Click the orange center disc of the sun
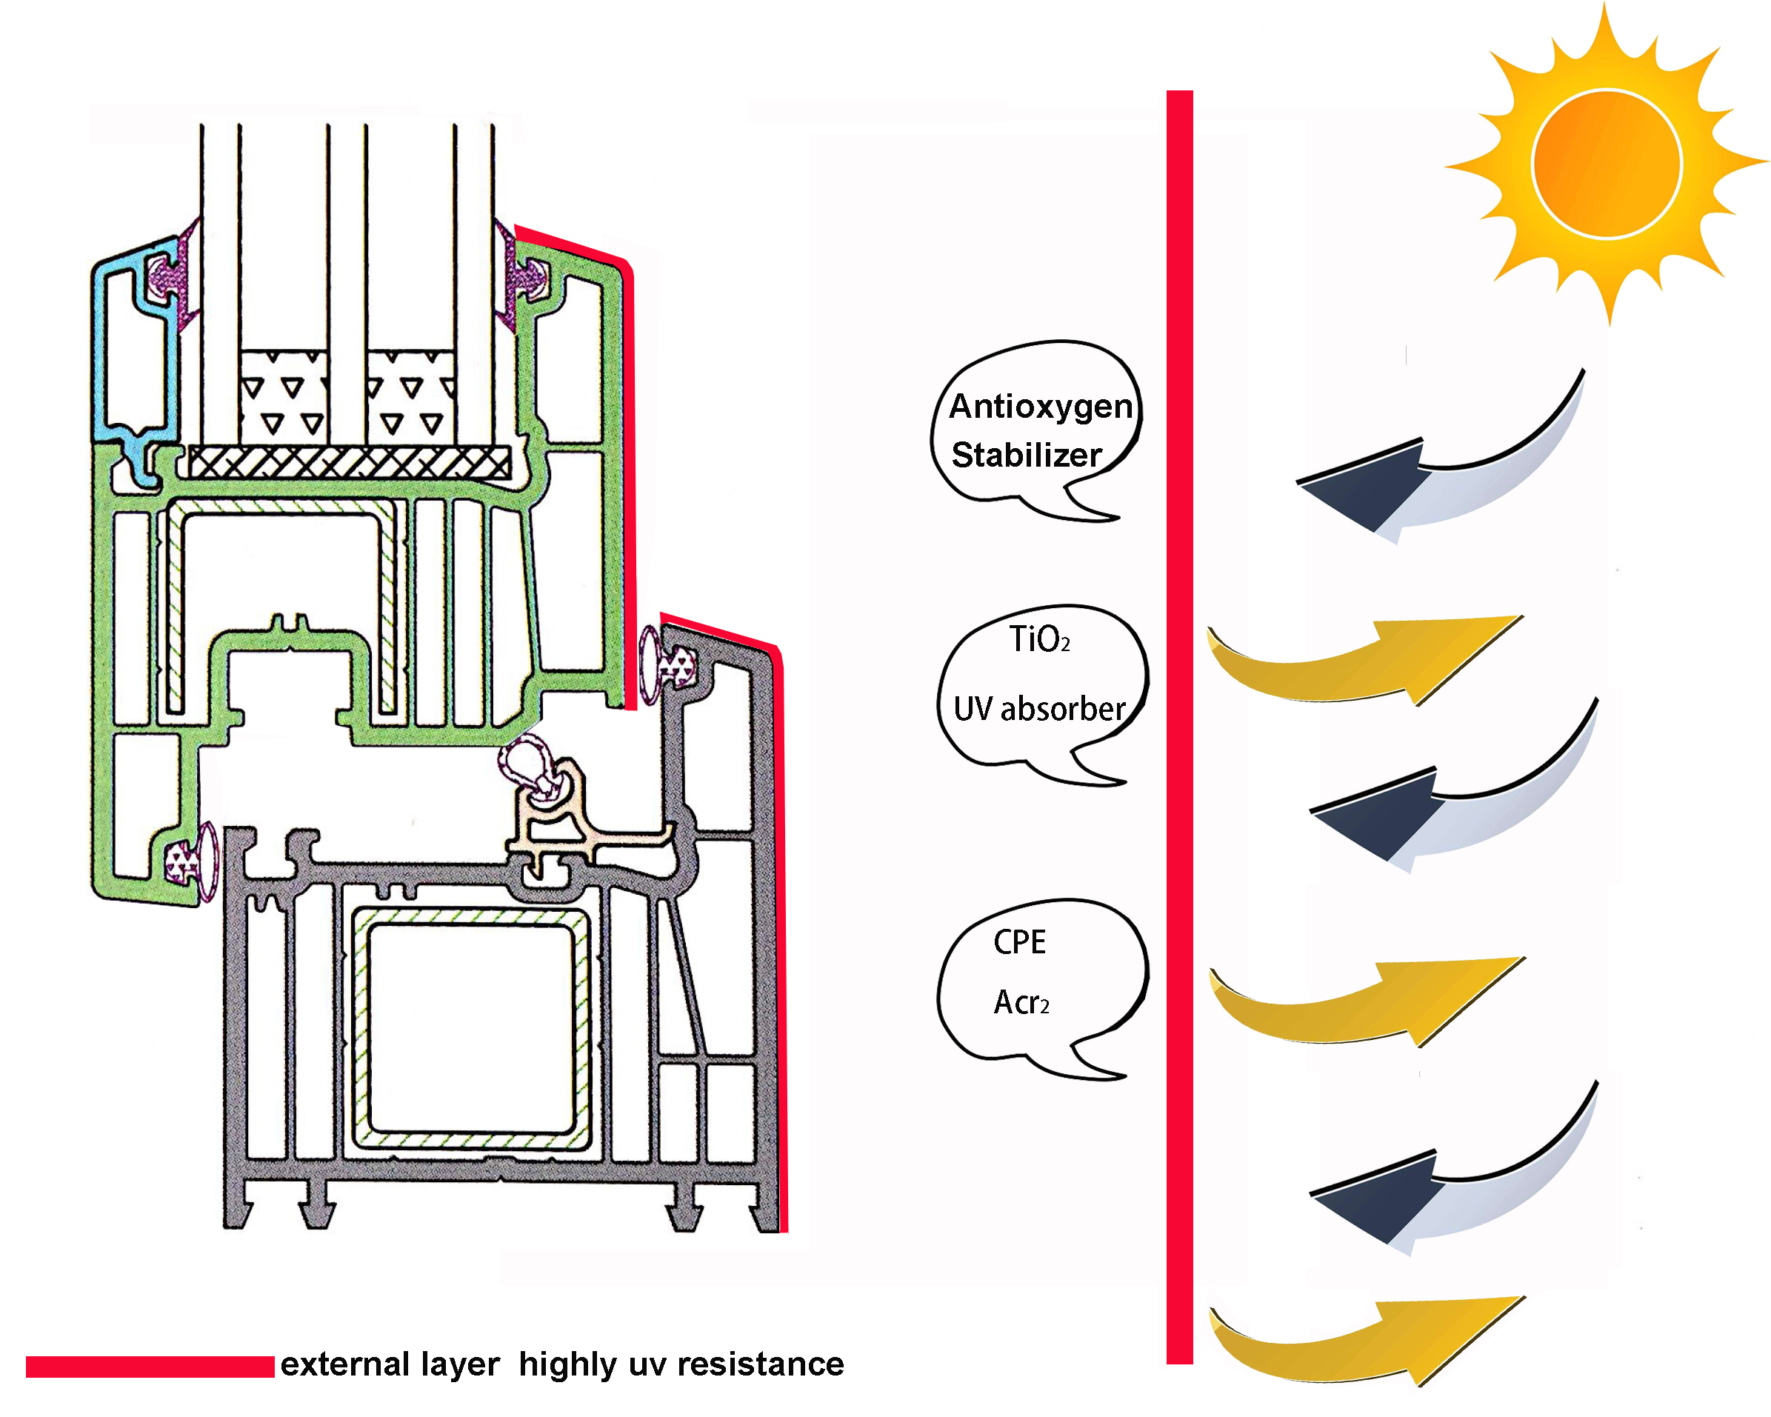[x=1606, y=164]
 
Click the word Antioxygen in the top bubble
[x=1040, y=407]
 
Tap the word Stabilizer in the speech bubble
[x=1026, y=455]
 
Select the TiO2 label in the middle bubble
[x=1039, y=639]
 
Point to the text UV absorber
[x=1039, y=709]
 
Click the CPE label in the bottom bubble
[x=1019, y=942]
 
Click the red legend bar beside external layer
[x=150, y=1367]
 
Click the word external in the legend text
[x=344, y=1364]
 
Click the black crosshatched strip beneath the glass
[x=349, y=462]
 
